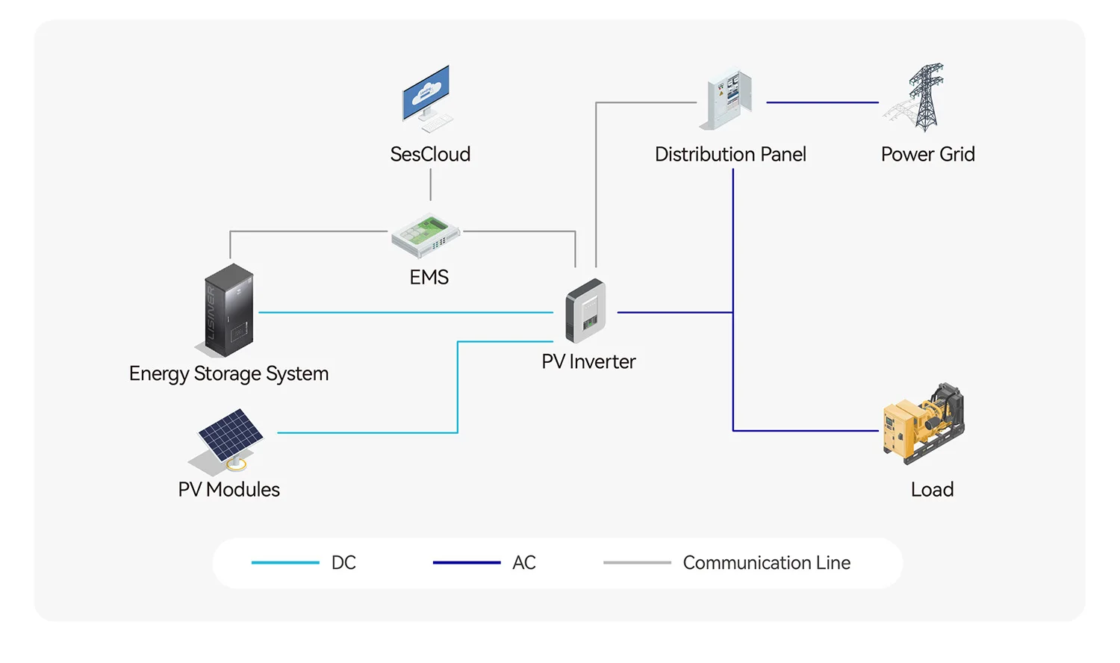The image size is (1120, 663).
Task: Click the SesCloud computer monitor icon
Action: click(427, 97)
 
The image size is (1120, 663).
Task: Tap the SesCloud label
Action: click(430, 155)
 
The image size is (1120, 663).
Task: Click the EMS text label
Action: click(429, 278)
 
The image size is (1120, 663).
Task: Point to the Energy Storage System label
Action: click(228, 373)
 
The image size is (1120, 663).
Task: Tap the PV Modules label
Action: click(228, 490)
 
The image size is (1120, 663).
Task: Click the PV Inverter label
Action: click(588, 362)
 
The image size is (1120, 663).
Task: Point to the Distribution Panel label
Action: click(730, 155)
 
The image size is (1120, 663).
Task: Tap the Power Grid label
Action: click(927, 155)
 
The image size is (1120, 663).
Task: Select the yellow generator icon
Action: click(924, 423)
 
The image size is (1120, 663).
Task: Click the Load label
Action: click(932, 490)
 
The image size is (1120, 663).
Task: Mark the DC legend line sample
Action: click(285, 562)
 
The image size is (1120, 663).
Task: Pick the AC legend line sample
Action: click(467, 562)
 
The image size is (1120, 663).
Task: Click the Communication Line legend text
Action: click(766, 563)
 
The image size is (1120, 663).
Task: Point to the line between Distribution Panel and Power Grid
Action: click(822, 102)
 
